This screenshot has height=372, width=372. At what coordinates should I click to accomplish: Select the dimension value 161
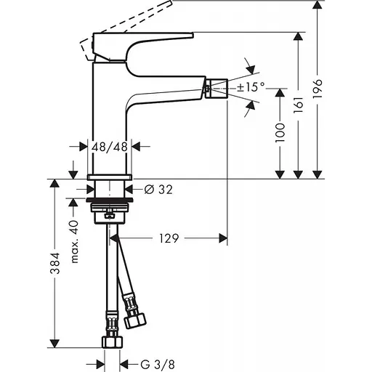(x=318, y=105)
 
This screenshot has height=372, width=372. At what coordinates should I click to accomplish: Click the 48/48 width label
(x=110, y=146)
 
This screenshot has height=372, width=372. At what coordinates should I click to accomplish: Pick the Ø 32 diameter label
(x=158, y=190)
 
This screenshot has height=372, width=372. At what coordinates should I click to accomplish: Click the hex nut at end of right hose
(x=134, y=319)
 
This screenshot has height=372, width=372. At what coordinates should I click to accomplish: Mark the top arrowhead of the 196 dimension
(x=317, y=7)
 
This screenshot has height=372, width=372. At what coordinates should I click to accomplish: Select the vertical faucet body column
(x=109, y=116)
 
